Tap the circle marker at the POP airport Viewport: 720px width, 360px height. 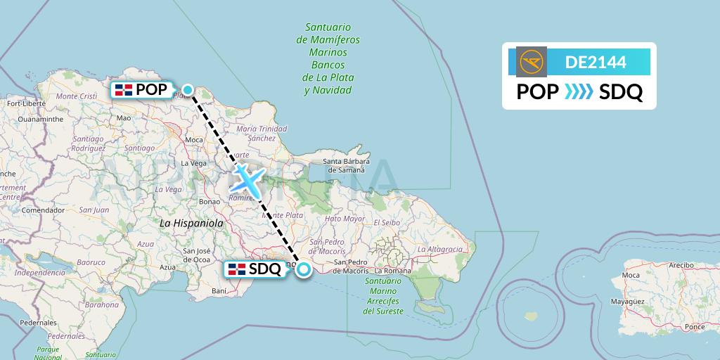tap(188, 89)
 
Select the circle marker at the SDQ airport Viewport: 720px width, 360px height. tap(304, 269)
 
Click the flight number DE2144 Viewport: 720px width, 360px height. tap(596, 62)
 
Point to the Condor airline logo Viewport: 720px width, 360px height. tap(530, 62)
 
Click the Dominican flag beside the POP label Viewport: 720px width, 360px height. tap(124, 89)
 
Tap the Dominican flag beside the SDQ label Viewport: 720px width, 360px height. tap(237, 268)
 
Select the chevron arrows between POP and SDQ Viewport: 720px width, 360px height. tap(579, 92)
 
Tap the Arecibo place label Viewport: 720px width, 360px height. tap(681, 265)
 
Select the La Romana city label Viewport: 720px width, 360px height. tap(392, 271)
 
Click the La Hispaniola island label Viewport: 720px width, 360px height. tap(191, 223)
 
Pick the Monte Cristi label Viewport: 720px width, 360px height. tap(76, 96)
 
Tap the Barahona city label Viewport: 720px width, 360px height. tap(102, 305)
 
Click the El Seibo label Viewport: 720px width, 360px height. tap(386, 222)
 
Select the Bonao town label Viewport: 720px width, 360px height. tap(210, 201)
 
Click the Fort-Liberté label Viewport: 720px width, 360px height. tap(26, 103)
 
